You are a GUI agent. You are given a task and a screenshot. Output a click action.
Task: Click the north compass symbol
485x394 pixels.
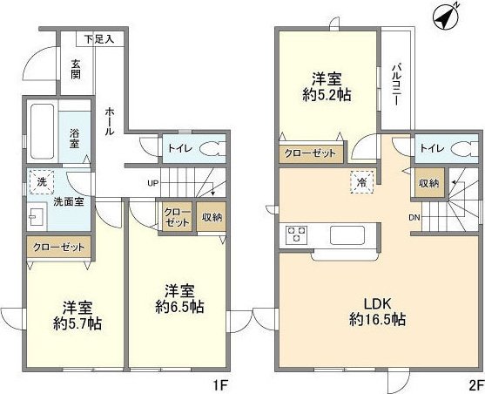pos(446,17)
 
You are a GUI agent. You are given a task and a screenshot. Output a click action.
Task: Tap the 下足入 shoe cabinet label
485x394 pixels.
pos(99,39)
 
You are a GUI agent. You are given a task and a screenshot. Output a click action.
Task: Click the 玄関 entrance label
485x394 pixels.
pos(76,70)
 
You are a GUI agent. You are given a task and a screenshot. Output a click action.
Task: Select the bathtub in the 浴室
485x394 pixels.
pos(43,131)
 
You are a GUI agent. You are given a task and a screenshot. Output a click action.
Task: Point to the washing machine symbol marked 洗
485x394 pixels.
pos(42,182)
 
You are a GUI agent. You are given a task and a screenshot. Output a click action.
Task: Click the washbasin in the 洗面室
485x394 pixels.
pos(37,216)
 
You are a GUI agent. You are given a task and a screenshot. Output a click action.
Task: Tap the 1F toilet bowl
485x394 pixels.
pos(212,149)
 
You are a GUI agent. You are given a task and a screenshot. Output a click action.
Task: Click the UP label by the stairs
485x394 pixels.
pos(152,183)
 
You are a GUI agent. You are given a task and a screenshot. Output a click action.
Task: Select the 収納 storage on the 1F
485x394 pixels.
pos(212,216)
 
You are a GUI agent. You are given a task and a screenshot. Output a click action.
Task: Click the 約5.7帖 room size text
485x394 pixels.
pos(77,324)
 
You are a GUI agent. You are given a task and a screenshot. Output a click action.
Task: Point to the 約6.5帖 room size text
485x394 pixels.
pos(179,307)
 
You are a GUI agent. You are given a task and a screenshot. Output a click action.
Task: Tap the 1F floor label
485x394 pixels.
pos(220,385)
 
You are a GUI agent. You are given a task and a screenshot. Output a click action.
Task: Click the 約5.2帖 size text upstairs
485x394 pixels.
pos(327,95)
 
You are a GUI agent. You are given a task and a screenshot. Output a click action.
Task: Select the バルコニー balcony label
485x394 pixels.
pos(395,85)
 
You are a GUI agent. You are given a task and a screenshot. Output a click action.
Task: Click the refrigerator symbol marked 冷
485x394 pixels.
pos(362,182)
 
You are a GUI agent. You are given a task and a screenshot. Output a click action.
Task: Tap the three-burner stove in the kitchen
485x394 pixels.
pos(297,234)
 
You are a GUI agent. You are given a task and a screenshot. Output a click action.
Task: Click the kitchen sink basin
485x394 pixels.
pos(347,235)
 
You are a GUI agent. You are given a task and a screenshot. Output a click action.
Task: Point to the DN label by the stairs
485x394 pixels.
pos(414,217)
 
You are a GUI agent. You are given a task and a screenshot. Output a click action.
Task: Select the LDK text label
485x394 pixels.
pos(378,304)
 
